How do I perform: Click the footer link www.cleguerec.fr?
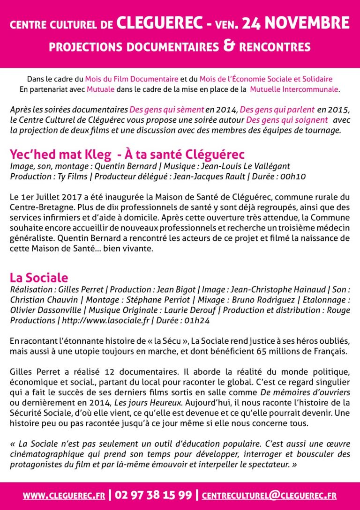pos(63,495)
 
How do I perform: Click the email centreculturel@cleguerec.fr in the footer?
pos(269,495)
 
